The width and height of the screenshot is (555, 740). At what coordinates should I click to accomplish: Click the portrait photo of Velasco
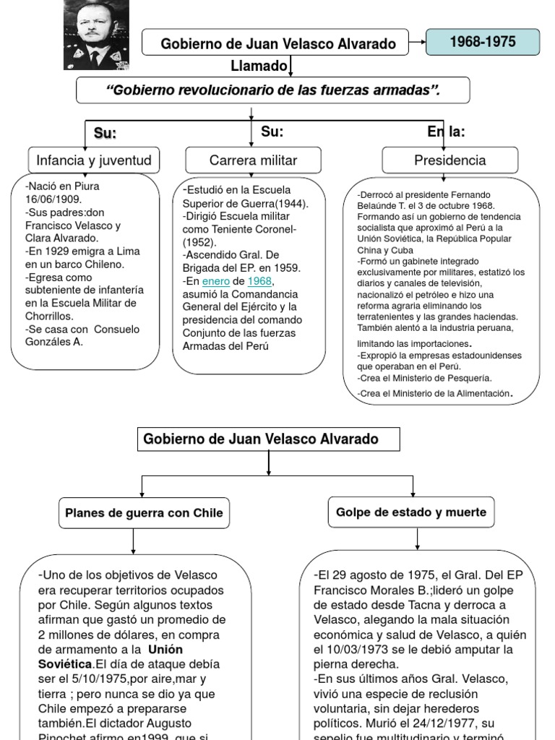click(x=96, y=34)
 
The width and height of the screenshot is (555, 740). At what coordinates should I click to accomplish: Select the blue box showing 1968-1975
click(x=482, y=42)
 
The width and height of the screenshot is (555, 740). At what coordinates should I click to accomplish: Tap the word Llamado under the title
click(x=259, y=66)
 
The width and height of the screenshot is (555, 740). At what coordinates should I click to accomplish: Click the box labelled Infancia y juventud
click(x=94, y=160)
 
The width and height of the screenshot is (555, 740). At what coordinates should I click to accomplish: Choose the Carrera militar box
click(x=253, y=160)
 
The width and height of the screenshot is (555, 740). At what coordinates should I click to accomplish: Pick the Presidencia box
click(x=449, y=160)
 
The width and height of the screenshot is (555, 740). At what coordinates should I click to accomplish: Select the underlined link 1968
click(x=260, y=280)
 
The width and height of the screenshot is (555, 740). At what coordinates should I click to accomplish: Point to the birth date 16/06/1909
click(x=54, y=199)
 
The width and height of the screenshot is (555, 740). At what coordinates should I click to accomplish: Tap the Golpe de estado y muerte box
click(x=411, y=512)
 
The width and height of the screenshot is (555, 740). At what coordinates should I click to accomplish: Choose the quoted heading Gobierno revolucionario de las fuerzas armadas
click(x=273, y=90)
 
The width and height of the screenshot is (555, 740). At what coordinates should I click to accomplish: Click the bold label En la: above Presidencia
click(x=446, y=132)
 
